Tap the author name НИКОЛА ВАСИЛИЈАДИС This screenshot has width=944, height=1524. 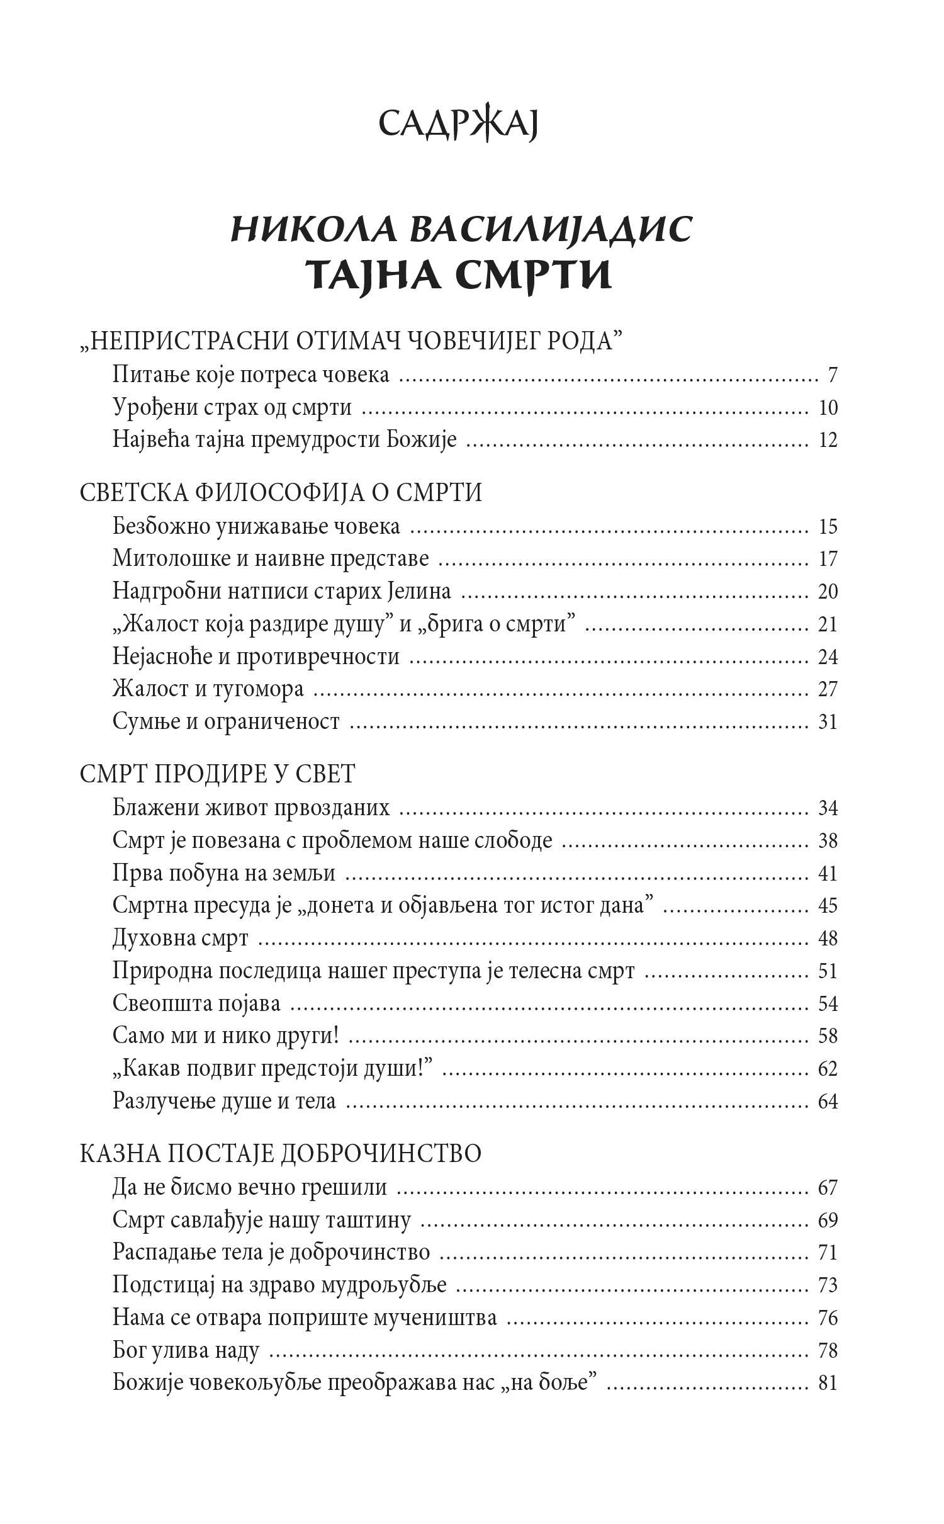[461, 230]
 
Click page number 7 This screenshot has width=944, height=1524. [833, 376]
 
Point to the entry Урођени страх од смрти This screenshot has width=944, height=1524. [232, 408]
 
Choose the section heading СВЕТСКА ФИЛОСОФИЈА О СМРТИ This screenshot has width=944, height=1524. [281, 493]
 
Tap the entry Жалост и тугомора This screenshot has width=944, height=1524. [208, 689]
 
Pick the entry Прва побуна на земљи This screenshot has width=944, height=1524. [224, 873]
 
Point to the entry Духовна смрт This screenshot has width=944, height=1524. [181, 939]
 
